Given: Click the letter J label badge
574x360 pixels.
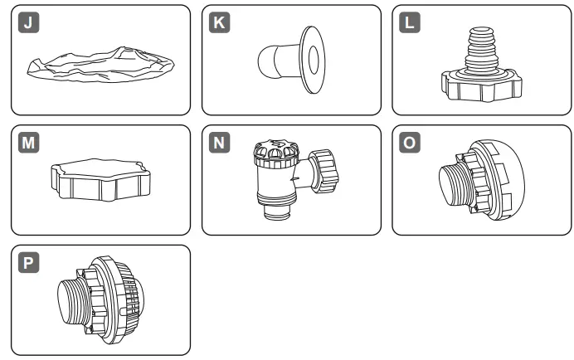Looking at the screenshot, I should click(x=29, y=23).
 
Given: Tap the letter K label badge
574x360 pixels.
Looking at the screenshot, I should click(x=219, y=23).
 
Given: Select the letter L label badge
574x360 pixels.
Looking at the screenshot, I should click(x=410, y=23).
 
